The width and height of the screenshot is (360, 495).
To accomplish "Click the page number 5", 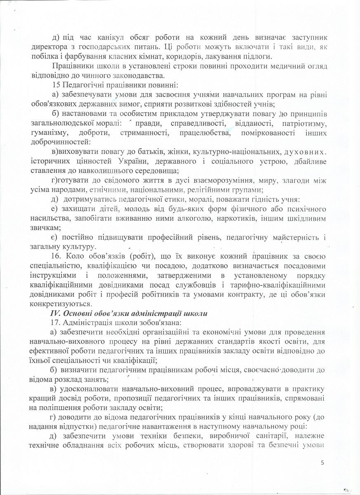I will tap(322, 463).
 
